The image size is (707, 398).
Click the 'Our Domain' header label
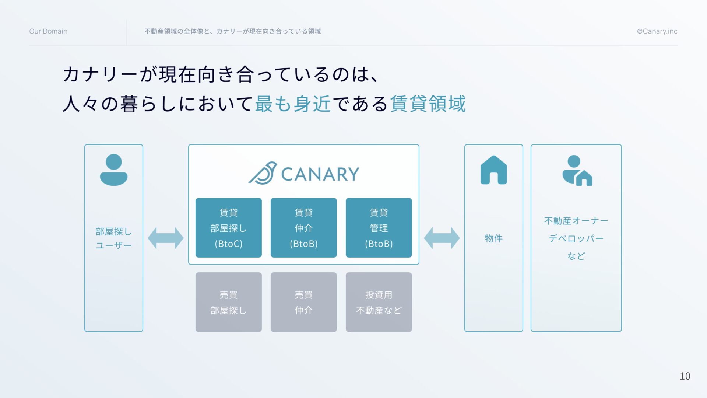tap(48, 31)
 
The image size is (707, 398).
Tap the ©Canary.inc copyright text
tap(657, 31)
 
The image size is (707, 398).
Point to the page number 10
tap(685, 376)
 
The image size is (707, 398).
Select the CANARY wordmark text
tap(320, 174)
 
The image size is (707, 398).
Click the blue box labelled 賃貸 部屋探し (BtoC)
tap(228, 228)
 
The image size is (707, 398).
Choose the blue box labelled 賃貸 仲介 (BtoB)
tap(303, 228)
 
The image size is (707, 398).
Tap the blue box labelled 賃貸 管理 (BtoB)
tap(379, 228)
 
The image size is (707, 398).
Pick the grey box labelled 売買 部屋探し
tap(228, 302)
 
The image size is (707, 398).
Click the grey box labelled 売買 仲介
tap(303, 302)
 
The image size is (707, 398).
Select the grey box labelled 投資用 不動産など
tap(379, 302)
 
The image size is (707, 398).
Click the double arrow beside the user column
tap(166, 238)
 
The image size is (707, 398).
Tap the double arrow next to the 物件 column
tap(442, 238)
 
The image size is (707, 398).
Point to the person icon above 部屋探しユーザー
tap(113, 170)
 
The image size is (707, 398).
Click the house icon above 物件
tap(493, 170)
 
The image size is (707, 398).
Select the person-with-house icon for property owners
tap(577, 171)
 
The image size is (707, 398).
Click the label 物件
tap(493, 238)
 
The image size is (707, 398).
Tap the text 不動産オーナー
tap(576, 221)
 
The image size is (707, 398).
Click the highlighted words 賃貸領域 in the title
tap(428, 104)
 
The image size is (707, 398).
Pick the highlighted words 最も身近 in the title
tap(293, 104)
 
